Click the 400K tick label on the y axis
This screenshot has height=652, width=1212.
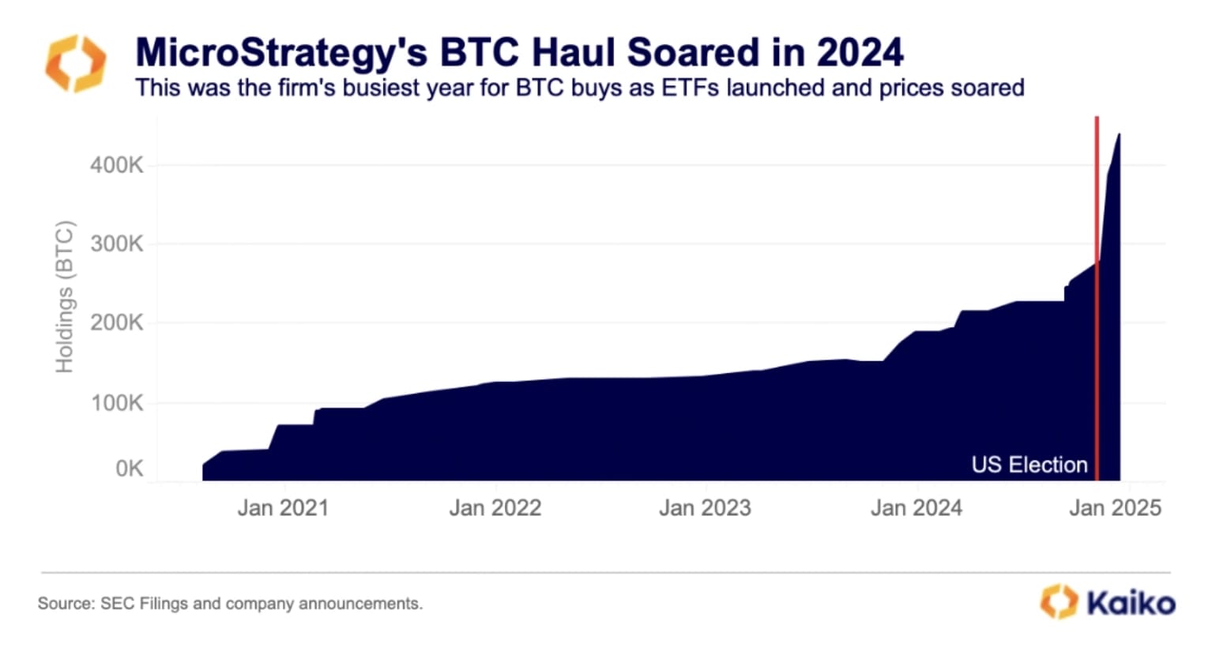pos(116,165)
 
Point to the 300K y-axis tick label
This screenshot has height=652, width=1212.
pos(116,244)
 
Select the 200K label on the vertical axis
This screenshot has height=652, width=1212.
pos(116,323)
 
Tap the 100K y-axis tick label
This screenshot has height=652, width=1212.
pos(116,403)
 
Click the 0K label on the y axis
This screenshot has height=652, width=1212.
pos(129,469)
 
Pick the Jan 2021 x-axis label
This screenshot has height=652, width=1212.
pos(283,507)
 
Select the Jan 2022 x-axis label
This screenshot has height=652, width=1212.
pos(495,507)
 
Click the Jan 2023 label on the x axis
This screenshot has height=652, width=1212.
pos(705,507)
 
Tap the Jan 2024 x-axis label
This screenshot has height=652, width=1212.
pos(917,507)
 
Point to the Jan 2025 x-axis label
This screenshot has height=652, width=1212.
pos(1115,507)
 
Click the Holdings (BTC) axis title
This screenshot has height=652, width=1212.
pos(64,297)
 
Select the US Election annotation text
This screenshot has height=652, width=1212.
pos(1029,465)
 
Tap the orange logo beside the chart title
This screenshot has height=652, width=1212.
pos(76,63)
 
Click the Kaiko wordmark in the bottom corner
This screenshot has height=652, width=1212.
pos(1131,603)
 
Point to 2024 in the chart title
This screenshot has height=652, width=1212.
pos(860,52)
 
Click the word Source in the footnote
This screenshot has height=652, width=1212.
pos(65,604)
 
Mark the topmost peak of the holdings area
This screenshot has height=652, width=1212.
pos(1119,134)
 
